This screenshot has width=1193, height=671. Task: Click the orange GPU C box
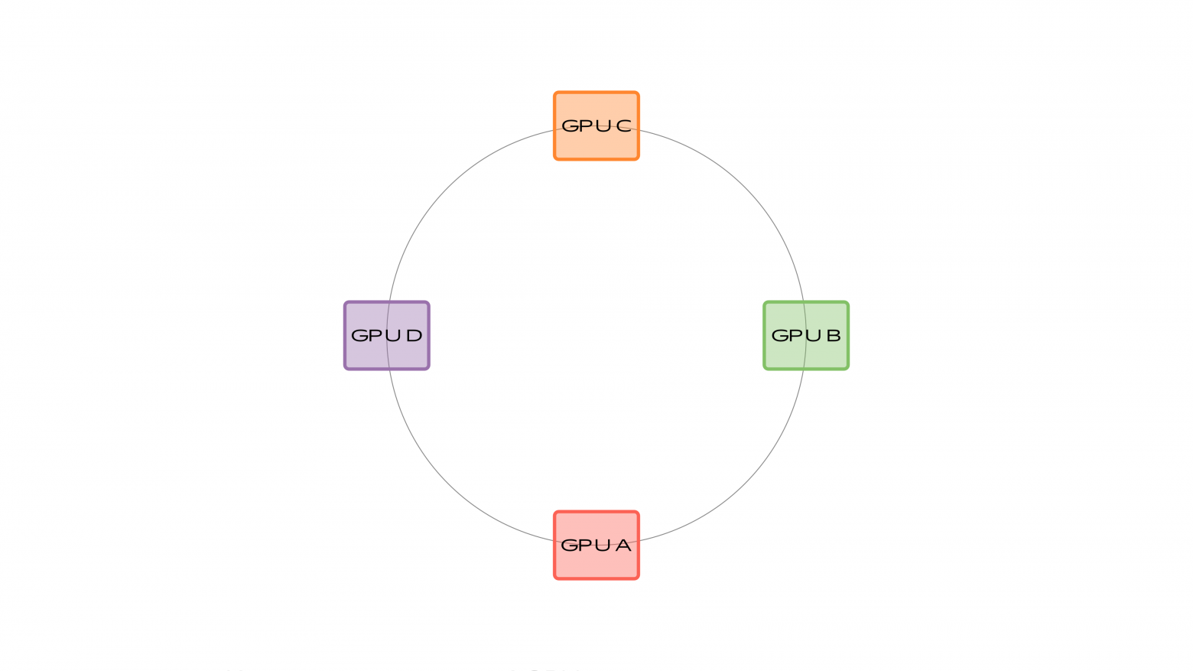click(x=596, y=145)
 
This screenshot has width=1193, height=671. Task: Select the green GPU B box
click(x=806, y=356)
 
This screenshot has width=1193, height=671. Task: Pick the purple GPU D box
click(x=387, y=356)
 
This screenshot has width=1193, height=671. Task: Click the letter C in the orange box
click(x=624, y=125)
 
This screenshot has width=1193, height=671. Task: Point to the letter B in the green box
click(x=833, y=335)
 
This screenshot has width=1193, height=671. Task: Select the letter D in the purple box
click(x=414, y=335)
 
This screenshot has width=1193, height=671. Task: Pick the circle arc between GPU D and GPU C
click(x=448, y=187)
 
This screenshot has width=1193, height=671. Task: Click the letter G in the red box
click(x=570, y=546)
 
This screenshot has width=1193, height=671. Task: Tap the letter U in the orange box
click(x=603, y=125)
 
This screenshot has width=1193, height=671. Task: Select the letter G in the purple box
click(x=359, y=335)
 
